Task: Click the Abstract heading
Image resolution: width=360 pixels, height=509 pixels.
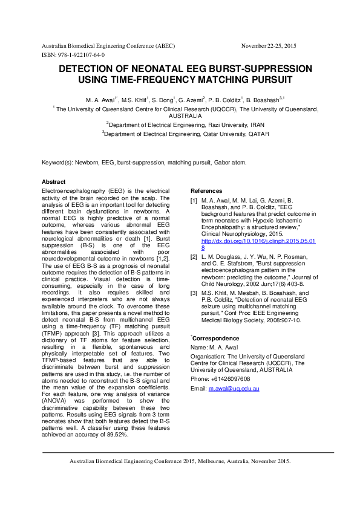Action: (x=53, y=182)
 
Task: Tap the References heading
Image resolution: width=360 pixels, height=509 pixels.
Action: (x=206, y=191)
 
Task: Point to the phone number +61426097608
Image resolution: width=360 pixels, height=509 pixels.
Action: (x=229, y=362)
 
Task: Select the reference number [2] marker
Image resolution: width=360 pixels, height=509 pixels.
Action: (x=194, y=257)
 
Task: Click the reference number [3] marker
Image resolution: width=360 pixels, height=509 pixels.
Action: (x=194, y=293)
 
